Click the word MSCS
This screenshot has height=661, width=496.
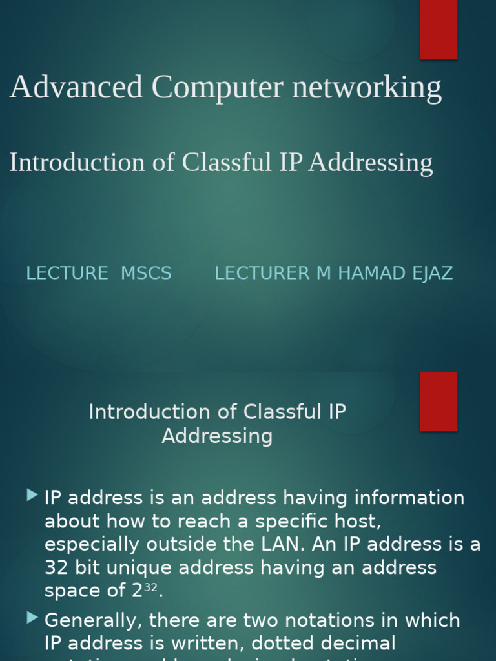click(x=147, y=273)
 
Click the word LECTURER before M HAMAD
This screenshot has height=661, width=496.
click(x=262, y=273)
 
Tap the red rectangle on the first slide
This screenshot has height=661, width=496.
click(x=439, y=30)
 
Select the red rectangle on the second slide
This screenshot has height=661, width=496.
click(x=439, y=401)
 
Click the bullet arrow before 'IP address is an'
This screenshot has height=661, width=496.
click(x=32, y=495)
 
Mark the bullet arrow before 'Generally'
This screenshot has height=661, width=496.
click(x=32, y=618)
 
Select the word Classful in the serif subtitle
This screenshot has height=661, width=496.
click(x=227, y=163)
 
